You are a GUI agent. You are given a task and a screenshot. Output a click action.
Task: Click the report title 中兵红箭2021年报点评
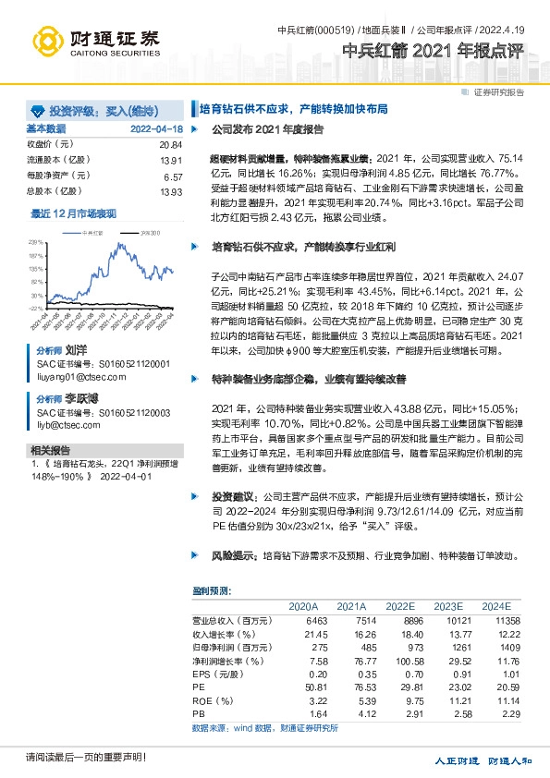pyautogui.click(x=439, y=52)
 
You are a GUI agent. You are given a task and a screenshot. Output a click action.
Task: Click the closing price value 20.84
pyautogui.click(x=171, y=145)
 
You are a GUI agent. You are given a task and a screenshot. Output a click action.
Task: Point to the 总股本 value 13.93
pyautogui.click(x=171, y=191)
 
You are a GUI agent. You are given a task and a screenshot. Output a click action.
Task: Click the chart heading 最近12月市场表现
pyautogui.click(x=74, y=213)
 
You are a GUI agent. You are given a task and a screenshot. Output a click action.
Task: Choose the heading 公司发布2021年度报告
pyautogui.click(x=267, y=130)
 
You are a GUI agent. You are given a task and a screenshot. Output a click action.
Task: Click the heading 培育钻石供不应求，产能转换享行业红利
pyautogui.click(x=304, y=249)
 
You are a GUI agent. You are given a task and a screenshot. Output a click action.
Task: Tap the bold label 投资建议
pyautogui.click(x=230, y=496)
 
